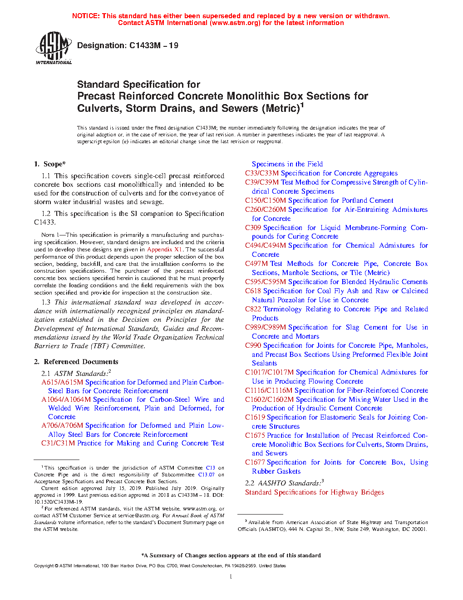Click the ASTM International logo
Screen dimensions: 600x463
(54, 48)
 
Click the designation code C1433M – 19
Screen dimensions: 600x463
(153, 45)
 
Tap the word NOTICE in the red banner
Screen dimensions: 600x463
(86, 16)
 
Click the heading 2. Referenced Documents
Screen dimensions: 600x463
(76, 362)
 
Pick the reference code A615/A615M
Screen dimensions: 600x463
(62, 382)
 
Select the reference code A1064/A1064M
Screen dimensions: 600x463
(66, 400)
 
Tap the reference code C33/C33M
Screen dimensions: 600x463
(262, 173)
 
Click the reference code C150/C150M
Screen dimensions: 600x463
(266, 200)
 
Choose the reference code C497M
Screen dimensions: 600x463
(256, 264)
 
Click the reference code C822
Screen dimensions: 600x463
(253, 309)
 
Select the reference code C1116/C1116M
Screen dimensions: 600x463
(269, 390)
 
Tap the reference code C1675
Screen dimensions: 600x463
(255, 435)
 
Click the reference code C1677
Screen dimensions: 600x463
(255, 462)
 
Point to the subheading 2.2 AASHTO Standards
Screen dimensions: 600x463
(284, 483)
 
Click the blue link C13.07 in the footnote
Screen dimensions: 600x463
(206, 475)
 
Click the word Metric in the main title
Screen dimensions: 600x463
(281, 109)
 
